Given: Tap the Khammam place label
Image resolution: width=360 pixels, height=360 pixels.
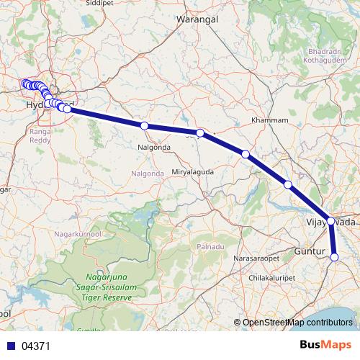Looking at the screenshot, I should click(x=269, y=120).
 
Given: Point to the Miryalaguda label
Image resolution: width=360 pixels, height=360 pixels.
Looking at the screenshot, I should click(x=194, y=171).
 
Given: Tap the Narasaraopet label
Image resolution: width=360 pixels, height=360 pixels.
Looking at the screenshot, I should click(x=256, y=253).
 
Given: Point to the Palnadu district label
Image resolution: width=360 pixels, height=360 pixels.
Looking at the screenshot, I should click(x=211, y=247).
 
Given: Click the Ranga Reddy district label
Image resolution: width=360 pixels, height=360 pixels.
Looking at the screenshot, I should click(x=38, y=137).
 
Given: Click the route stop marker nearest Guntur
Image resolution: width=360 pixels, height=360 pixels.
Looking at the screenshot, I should click(x=334, y=257).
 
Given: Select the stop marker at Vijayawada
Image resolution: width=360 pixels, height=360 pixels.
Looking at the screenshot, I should click(x=330, y=221).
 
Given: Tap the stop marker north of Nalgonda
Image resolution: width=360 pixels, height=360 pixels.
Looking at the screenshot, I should click(x=145, y=126).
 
